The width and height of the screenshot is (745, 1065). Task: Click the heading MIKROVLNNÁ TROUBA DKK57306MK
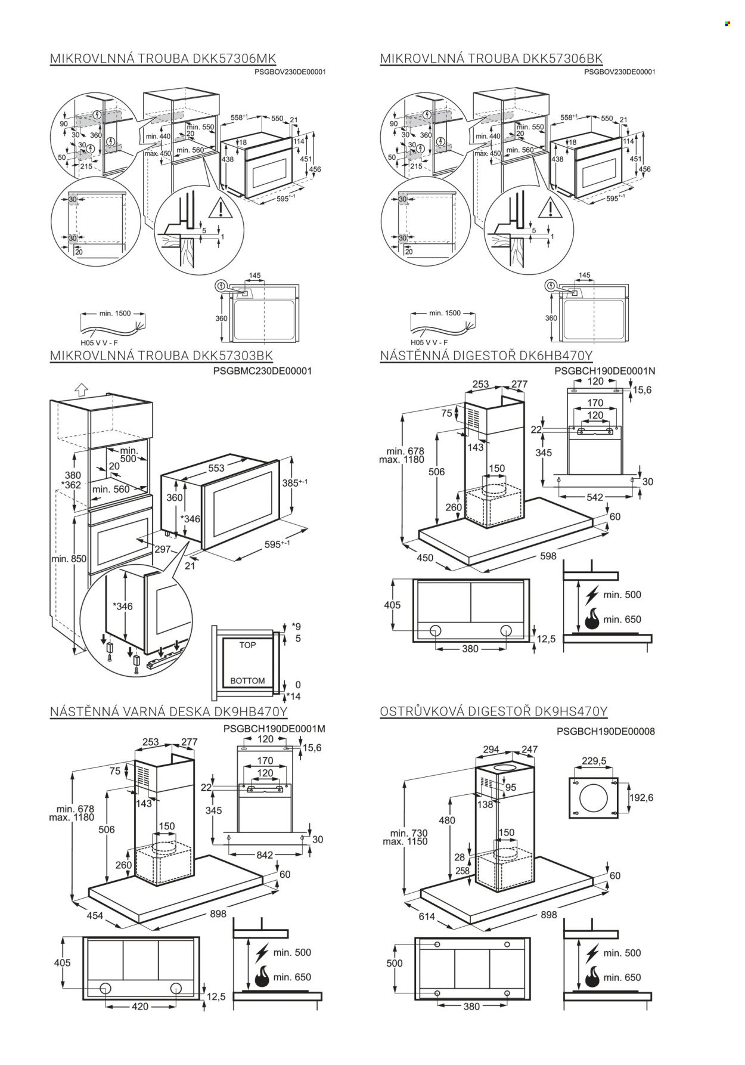click(163, 58)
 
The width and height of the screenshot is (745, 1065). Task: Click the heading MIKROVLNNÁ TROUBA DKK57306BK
click(491, 58)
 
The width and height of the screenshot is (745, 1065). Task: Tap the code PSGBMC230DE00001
click(266, 371)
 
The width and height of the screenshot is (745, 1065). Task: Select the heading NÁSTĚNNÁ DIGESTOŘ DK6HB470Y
click(486, 356)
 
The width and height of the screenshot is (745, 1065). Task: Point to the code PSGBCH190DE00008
click(606, 731)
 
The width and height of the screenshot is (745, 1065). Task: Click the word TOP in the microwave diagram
click(247, 645)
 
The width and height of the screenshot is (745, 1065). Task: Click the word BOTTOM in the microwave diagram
click(247, 680)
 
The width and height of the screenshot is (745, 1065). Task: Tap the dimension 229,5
click(594, 761)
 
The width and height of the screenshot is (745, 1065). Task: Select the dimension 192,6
click(641, 797)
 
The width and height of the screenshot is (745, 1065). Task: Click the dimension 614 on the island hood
click(427, 917)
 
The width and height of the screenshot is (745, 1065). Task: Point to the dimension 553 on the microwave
click(216, 468)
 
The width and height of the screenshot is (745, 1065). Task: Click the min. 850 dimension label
click(69, 559)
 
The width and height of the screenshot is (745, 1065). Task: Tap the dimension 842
click(264, 855)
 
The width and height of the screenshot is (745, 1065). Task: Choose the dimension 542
click(595, 497)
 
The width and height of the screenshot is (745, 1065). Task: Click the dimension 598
click(548, 556)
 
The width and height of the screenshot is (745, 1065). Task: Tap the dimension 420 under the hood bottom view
click(139, 1007)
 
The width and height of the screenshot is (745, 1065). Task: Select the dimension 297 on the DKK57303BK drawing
click(162, 549)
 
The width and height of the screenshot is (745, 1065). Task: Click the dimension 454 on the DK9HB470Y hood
click(95, 916)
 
